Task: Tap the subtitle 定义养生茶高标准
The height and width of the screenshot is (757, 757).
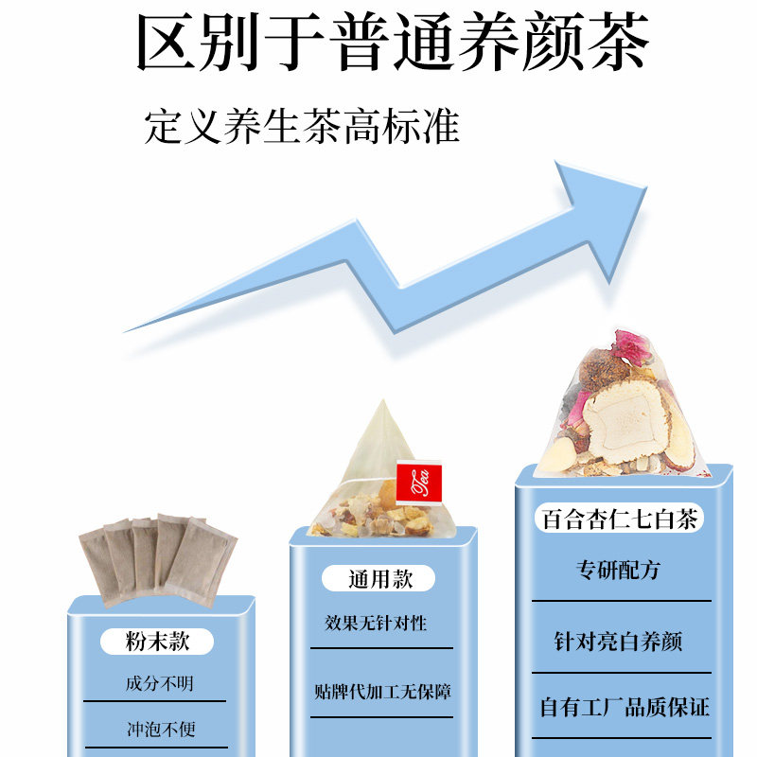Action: (302, 127)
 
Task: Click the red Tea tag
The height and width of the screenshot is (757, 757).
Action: (418, 481)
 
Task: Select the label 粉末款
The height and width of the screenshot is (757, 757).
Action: (157, 642)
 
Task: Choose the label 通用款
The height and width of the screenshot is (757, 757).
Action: (380, 578)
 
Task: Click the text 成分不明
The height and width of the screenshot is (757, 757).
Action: (157, 683)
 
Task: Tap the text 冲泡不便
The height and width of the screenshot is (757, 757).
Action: (157, 731)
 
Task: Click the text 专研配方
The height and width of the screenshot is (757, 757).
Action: (619, 571)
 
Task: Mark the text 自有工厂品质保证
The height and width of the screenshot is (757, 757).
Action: (625, 706)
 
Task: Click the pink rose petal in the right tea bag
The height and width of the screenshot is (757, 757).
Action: (629, 345)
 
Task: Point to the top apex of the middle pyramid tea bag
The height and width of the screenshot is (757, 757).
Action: (381, 402)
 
